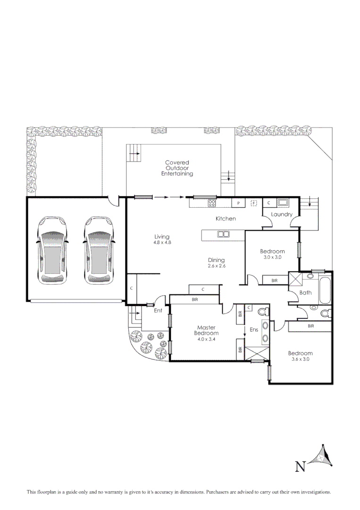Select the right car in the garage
pos(99,251)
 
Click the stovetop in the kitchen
pos(212,203)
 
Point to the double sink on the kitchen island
pos(223,234)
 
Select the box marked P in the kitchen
pos(238,203)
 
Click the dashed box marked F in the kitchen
pos(253,203)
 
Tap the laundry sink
pos(283,203)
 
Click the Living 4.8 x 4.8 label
pos(161,239)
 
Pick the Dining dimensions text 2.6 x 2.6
pos(217,266)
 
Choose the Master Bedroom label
pos(206,331)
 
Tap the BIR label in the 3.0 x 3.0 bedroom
pos(275,280)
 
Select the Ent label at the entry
pos(158,311)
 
